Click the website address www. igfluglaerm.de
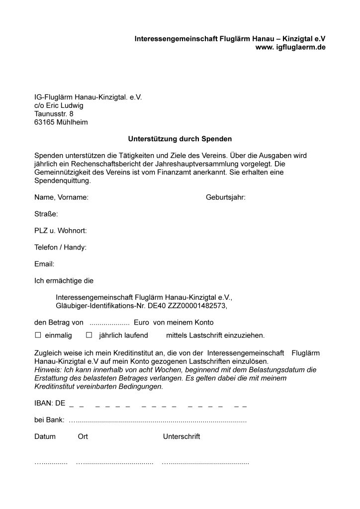(290, 47)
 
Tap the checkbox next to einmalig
(37, 336)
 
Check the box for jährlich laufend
(90, 336)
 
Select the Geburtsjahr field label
(225, 197)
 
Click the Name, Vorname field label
(61, 197)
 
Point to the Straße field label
(46, 214)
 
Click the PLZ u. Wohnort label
(61, 231)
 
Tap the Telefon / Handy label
(60, 247)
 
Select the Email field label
(44, 264)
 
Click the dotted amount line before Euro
(109, 323)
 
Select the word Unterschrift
(181, 436)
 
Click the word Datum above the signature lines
(45, 436)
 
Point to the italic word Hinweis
(46, 370)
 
